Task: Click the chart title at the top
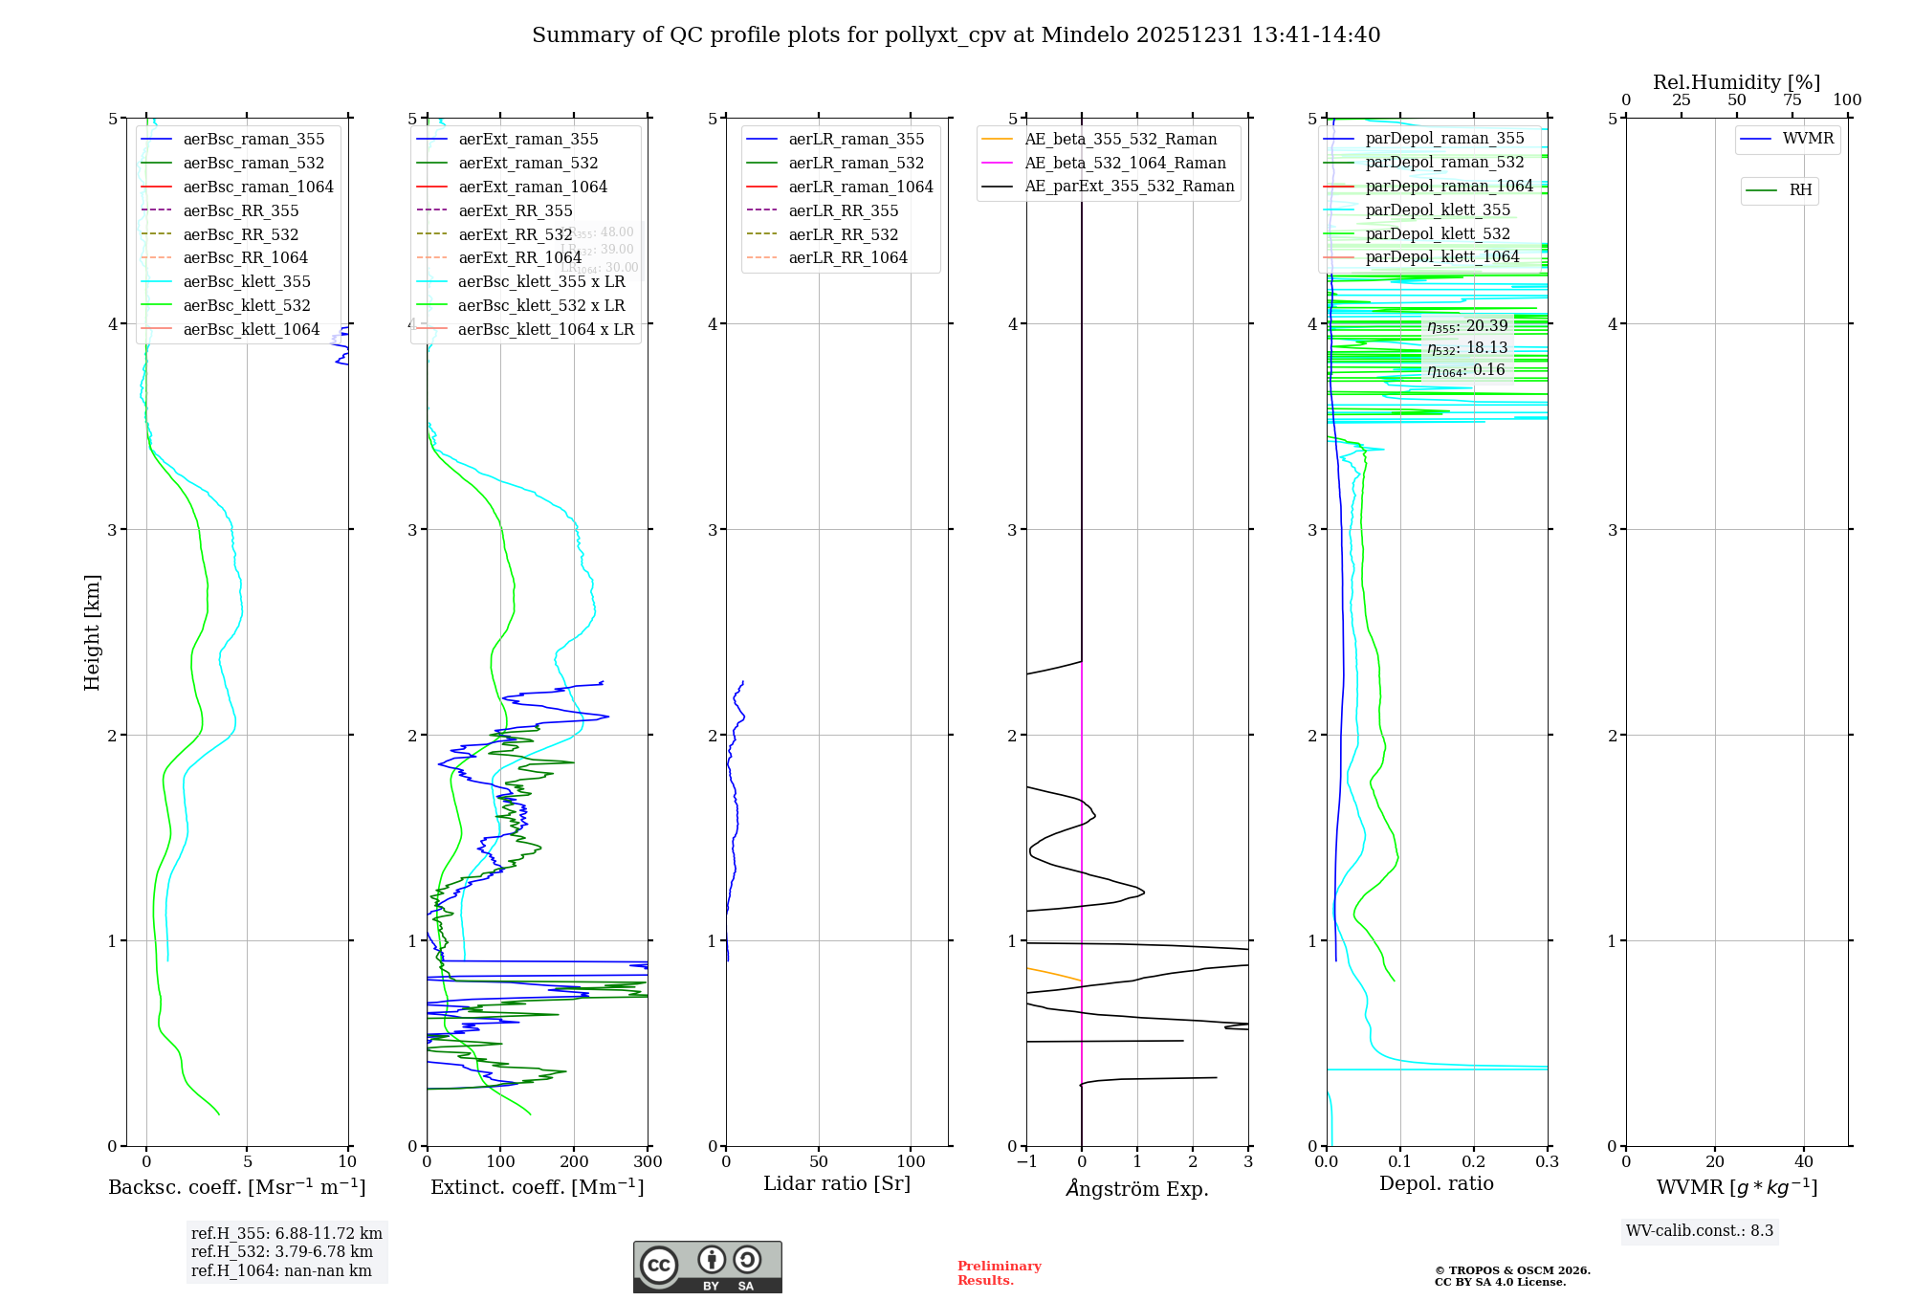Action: [x=956, y=35]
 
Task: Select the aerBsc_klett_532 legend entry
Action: [x=247, y=306]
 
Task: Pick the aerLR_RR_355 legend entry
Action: [x=843, y=211]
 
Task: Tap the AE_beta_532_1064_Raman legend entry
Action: [x=1125, y=164]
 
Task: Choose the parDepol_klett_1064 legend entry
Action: [x=1441, y=257]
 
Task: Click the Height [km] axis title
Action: [x=92, y=632]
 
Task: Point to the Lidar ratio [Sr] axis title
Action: [x=837, y=1184]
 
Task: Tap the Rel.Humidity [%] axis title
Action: [x=1736, y=82]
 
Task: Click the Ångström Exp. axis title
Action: [x=1137, y=1189]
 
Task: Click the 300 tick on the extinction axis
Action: [x=648, y=1162]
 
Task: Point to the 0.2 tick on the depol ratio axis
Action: [x=1474, y=1162]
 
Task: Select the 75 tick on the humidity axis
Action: [x=1792, y=100]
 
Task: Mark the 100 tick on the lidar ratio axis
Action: [x=911, y=1162]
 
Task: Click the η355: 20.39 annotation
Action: [x=1467, y=326]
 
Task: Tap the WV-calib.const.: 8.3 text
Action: [x=1700, y=1231]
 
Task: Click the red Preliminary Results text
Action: [x=1000, y=1273]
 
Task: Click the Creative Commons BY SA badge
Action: [x=707, y=1268]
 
